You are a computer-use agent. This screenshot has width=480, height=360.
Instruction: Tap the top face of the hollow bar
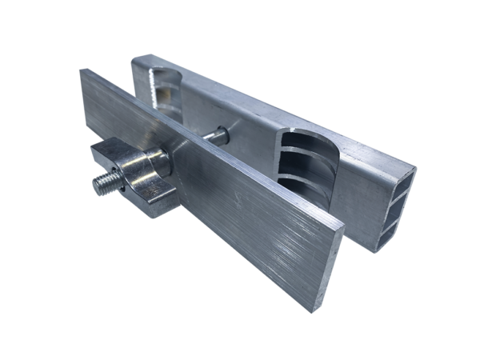tap(264, 104)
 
